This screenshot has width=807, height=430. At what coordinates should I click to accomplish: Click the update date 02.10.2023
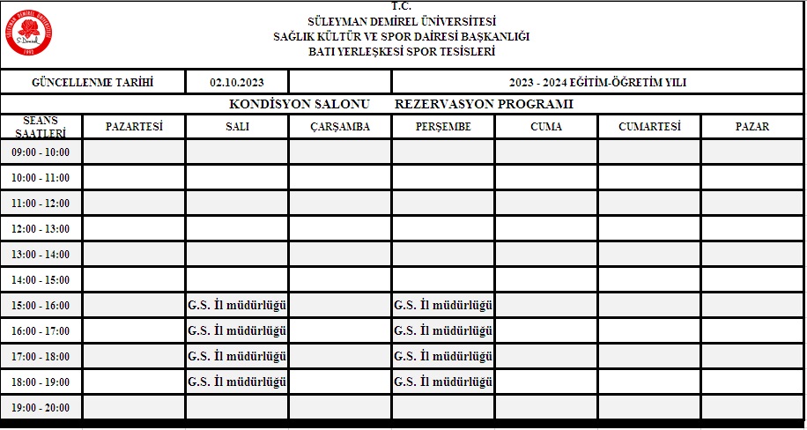pyautogui.click(x=237, y=83)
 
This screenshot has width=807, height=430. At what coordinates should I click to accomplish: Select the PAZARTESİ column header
pyautogui.click(x=134, y=127)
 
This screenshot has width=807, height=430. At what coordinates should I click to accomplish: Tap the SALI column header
pyautogui.click(x=237, y=127)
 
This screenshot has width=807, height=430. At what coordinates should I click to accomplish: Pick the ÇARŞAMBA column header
pyautogui.click(x=340, y=127)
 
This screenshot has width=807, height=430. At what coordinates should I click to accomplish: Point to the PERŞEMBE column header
pyautogui.click(x=443, y=127)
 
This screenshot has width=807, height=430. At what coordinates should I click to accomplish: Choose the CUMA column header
pyautogui.click(x=546, y=127)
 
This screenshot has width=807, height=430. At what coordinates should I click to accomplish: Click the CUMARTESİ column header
pyautogui.click(x=649, y=127)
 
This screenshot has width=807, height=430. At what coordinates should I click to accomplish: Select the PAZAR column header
pyautogui.click(x=752, y=127)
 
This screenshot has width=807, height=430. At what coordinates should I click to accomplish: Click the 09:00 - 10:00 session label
pyautogui.click(x=41, y=152)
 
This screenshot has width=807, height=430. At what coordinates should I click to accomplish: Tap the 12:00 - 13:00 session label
pyautogui.click(x=41, y=229)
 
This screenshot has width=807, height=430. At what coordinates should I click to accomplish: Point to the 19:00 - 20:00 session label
pyautogui.click(x=41, y=408)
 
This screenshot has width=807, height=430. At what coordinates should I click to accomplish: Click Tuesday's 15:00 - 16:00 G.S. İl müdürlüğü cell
pyautogui.click(x=238, y=306)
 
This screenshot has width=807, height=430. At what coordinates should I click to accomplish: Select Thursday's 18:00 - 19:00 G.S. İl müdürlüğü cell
pyautogui.click(x=443, y=382)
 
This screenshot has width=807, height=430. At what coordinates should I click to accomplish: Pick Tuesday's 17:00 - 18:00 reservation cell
pyautogui.click(x=238, y=357)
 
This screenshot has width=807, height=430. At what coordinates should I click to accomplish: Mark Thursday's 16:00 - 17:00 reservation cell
pyautogui.click(x=443, y=331)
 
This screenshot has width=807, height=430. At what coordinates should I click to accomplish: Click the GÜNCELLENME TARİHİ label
pyautogui.click(x=93, y=83)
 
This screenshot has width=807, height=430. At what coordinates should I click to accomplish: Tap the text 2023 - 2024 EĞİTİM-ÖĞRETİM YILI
pyautogui.click(x=597, y=83)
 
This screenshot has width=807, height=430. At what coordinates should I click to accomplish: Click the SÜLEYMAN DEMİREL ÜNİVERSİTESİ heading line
pyautogui.click(x=402, y=21)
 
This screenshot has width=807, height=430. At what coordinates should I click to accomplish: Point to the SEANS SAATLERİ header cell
pyautogui.click(x=41, y=127)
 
